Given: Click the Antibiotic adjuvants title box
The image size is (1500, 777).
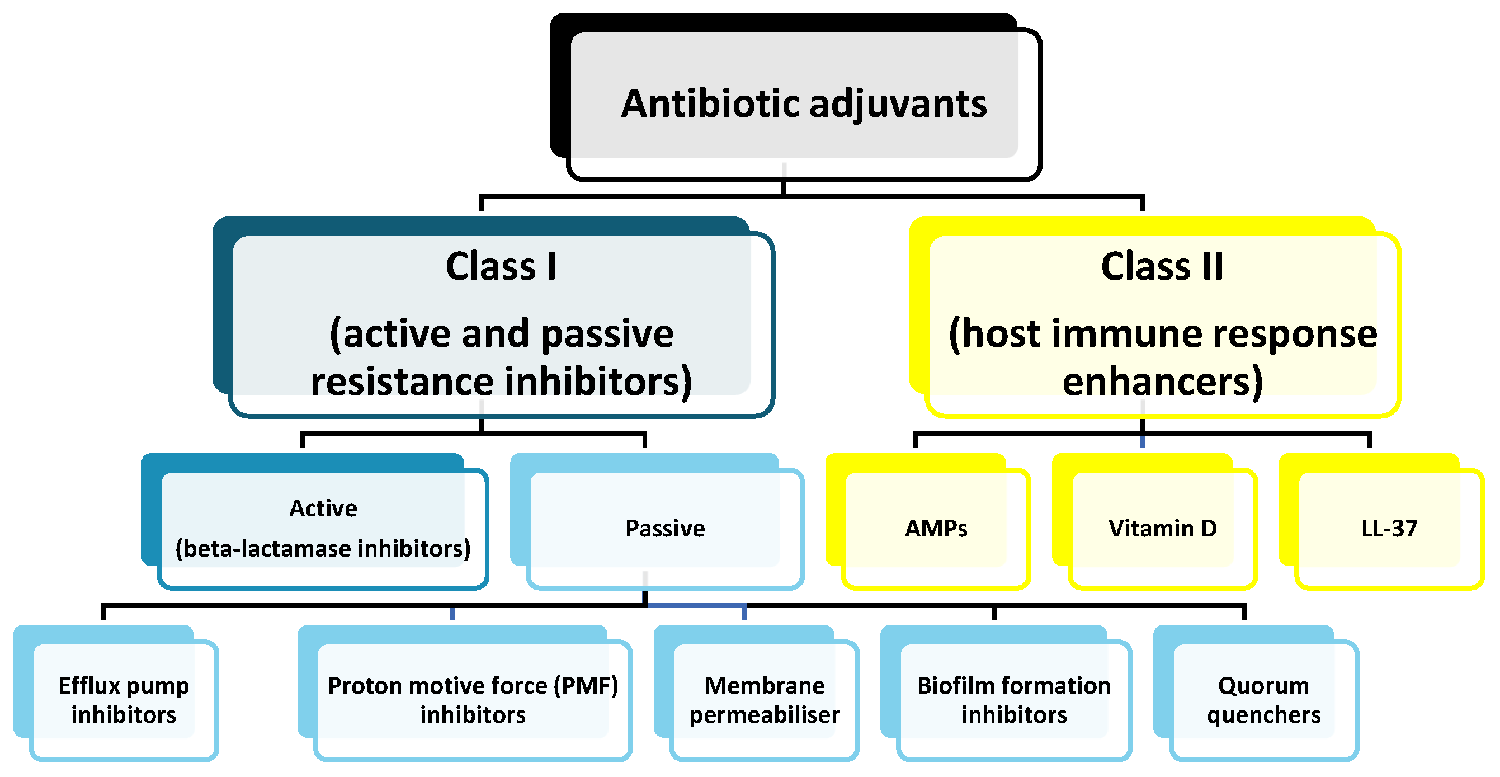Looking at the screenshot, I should pyautogui.click(x=804, y=103).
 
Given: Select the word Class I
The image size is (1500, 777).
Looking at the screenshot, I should pyautogui.click(x=501, y=266).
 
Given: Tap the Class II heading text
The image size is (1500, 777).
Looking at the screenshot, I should pyautogui.click(x=1162, y=266).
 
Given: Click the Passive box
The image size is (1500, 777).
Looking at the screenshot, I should pyautogui.click(x=664, y=528).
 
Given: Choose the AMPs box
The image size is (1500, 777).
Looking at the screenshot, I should pyautogui.click(x=936, y=528).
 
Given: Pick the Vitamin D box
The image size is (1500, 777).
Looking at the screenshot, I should pyautogui.click(x=1162, y=528).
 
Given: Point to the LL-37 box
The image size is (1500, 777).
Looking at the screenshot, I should pyautogui.click(x=1389, y=528).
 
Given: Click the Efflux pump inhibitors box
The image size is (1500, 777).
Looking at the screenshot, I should pyautogui.click(x=124, y=700).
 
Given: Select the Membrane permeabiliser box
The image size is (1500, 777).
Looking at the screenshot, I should pyautogui.click(x=764, y=700).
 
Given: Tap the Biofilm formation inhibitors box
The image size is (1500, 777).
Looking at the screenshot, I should pyautogui.click(x=1014, y=700).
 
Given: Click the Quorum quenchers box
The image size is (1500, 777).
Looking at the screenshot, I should pyautogui.click(x=1263, y=700).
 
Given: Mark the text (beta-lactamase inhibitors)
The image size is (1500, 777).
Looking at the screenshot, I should pyautogui.click(x=323, y=548).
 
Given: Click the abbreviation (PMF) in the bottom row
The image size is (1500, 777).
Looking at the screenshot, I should pyautogui.click(x=586, y=686).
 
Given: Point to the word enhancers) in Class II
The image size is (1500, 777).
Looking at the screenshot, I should pyautogui.click(x=1162, y=381).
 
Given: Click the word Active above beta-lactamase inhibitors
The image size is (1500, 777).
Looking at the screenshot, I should pyautogui.click(x=323, y=508).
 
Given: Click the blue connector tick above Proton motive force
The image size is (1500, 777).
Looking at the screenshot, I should pyautogui.click(x=452, y=613).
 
